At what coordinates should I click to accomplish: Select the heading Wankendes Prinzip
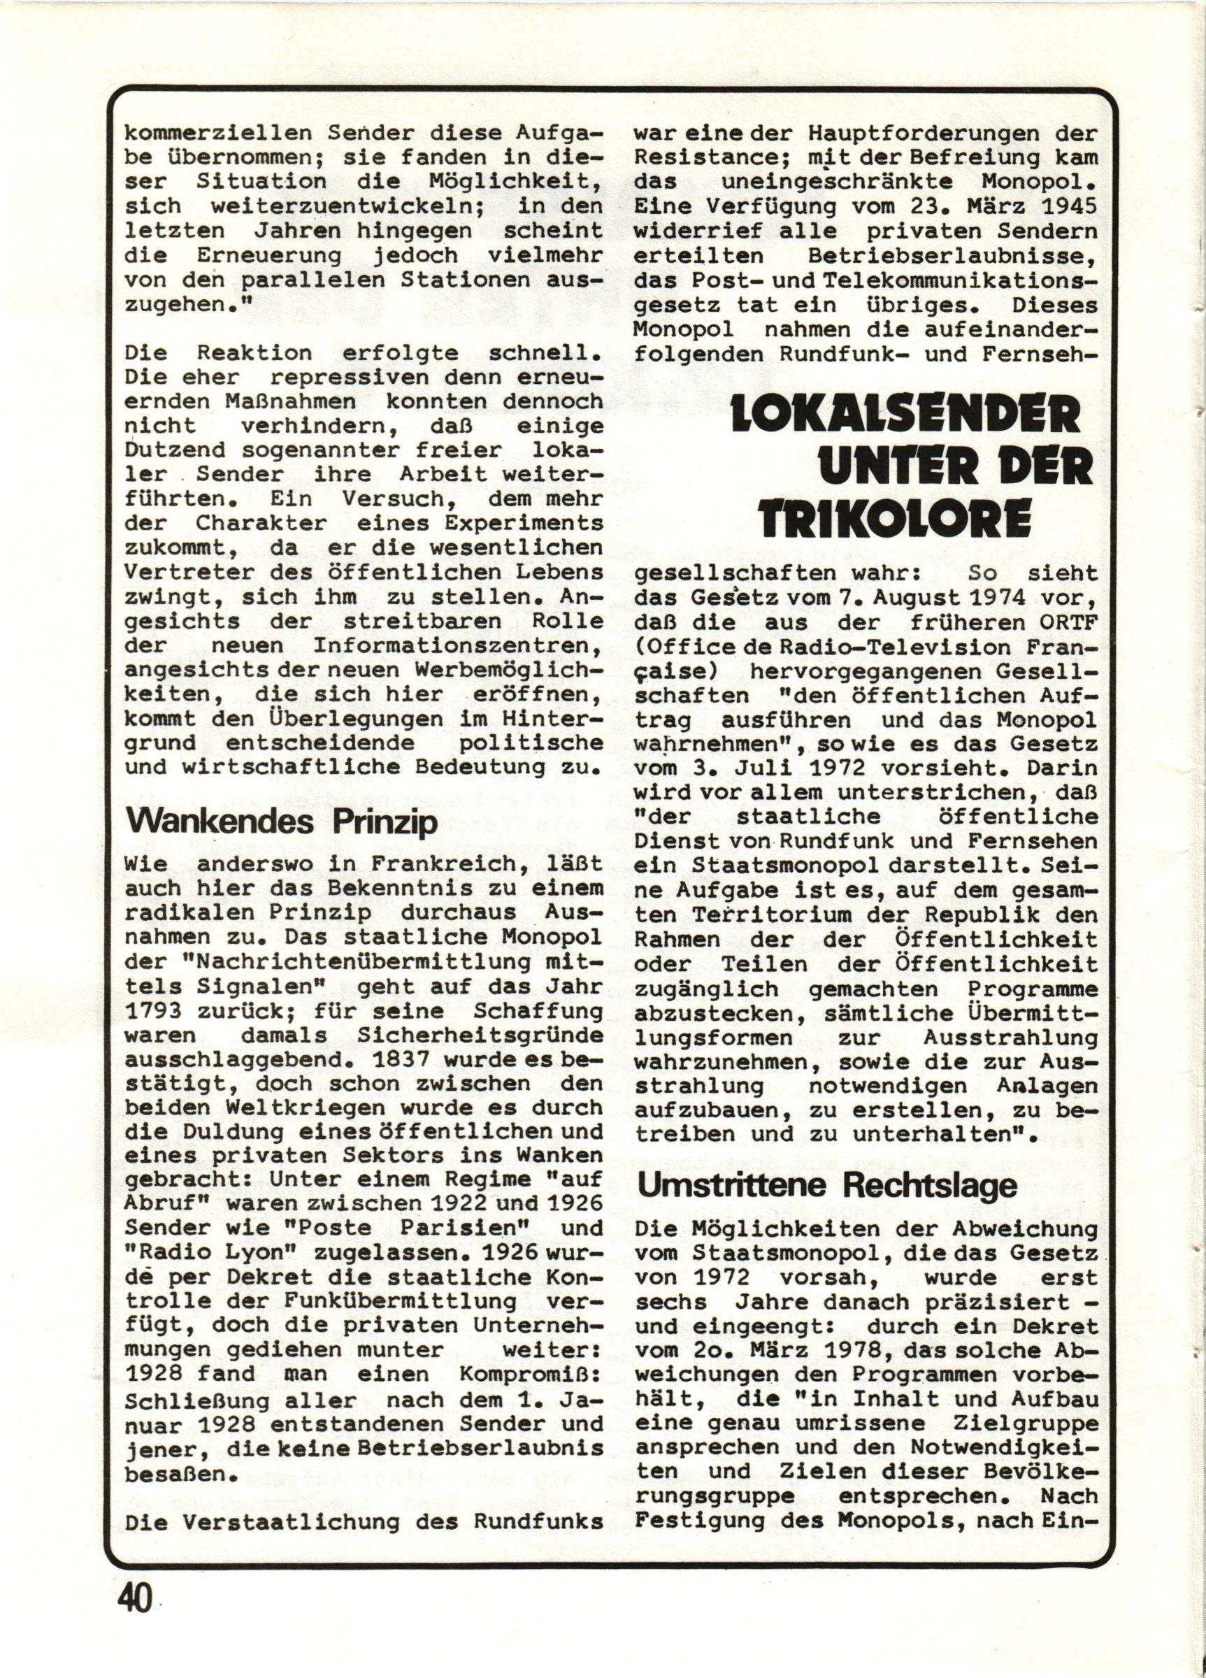(282, 824)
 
